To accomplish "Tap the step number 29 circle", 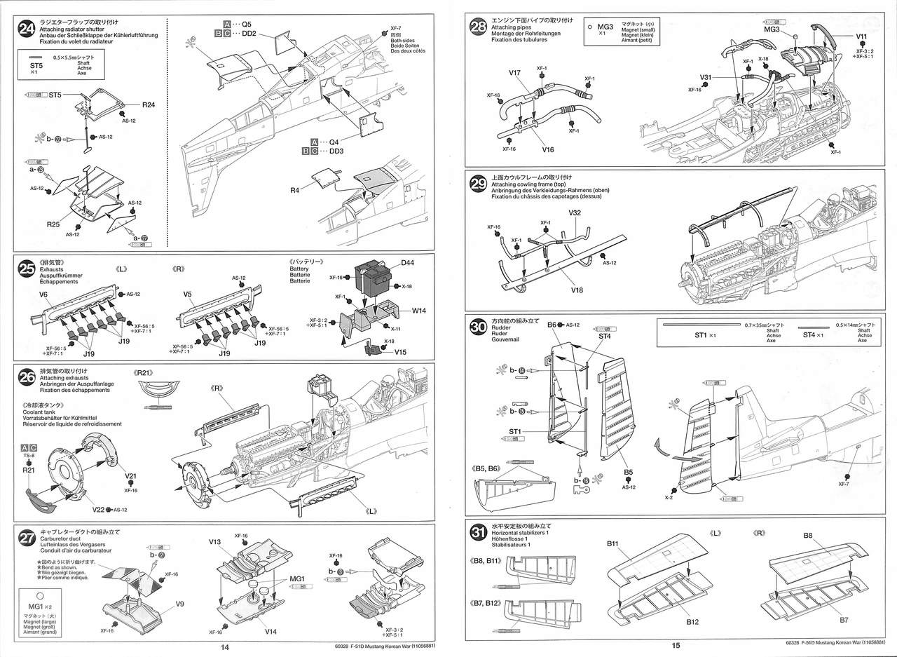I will (478, 185).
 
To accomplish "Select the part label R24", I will (147, 105).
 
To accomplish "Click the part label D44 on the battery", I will (408, 263).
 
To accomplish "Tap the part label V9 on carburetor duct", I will (179, 604).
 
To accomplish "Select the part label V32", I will (575, 213).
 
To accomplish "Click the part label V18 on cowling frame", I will (576, 288).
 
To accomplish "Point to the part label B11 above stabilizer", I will (612, 543).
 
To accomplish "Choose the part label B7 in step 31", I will (844, 620).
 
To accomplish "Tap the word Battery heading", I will (299, 269).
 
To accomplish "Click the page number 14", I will (225, 647).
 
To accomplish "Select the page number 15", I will (675, 646).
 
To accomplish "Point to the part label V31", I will (706, 77).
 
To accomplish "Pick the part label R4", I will (295, 189).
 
